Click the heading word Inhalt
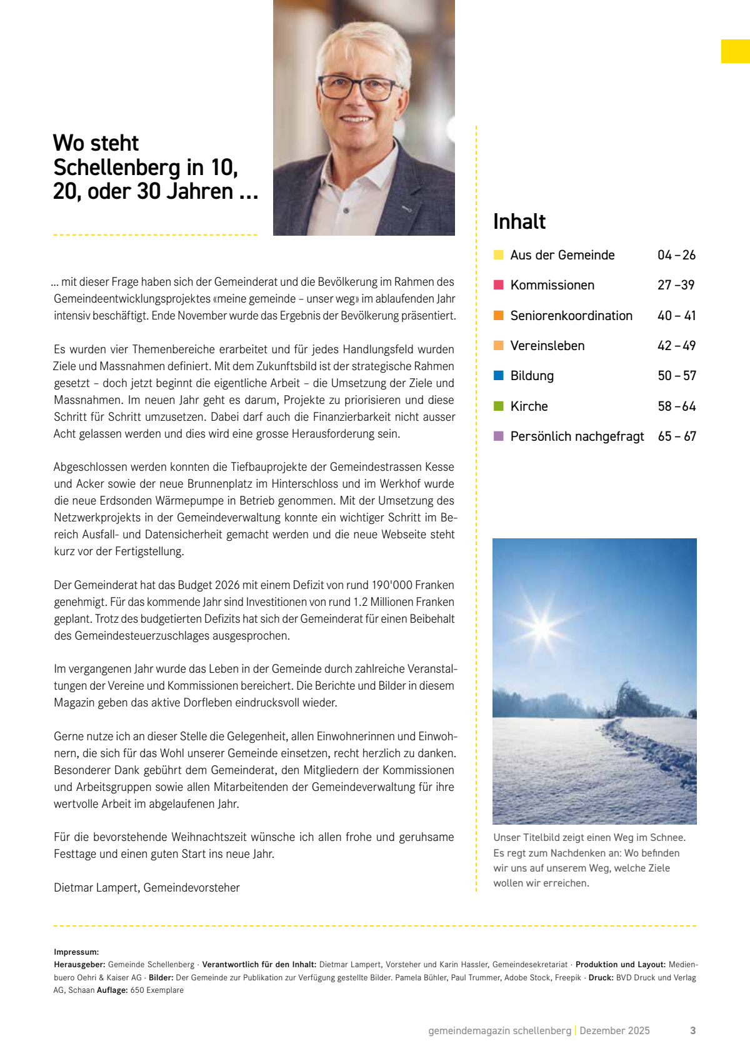(519, 222)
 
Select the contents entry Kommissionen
(552, 285)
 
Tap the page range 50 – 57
(676, 376)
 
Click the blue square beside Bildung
(499, 376)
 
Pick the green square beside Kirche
(499, 406)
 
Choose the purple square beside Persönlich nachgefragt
(499, 436)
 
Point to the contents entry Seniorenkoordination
(571, 316)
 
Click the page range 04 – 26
(676, 255)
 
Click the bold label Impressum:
(76, 952)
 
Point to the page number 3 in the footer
(692, 1030)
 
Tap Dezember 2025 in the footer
(614, 1030)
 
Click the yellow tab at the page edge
(735, 51)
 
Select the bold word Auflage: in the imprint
(112, 990)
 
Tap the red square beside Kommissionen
(499, 285)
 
